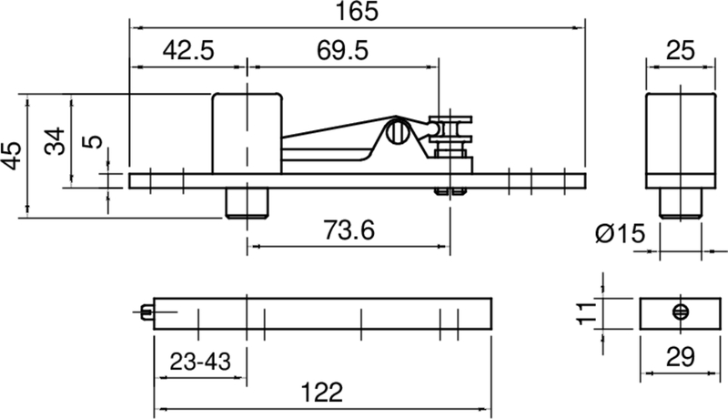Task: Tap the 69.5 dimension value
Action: coord(342,51)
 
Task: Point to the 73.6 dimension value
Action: coord(346,231)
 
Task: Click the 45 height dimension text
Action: coord(12,155)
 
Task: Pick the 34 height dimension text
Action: coord(56,141)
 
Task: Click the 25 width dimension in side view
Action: coord(678,51)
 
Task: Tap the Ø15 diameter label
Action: coord(621,235)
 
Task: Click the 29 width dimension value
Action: coord(677,355)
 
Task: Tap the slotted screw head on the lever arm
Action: coord(396,133)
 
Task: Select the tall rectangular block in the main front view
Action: coord(246,132)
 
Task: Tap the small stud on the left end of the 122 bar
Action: coord(147,312)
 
